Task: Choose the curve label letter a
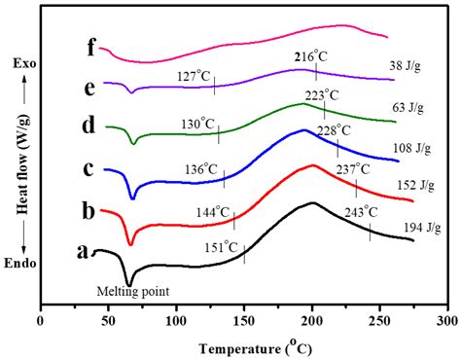[x=85, y=251]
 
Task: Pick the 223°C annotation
[x=322, y=95]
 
